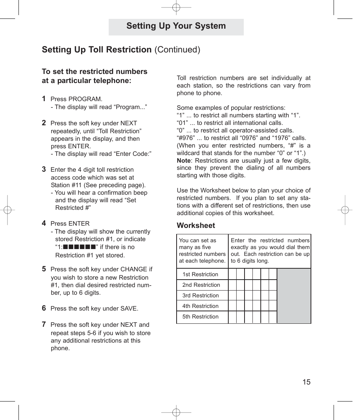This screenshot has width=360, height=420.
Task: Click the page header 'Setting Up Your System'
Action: click(176, 26)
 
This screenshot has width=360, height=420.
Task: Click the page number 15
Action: click(306, 382)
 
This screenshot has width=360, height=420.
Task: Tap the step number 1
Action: click(44, 98)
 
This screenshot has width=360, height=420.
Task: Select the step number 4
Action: click(44, 223)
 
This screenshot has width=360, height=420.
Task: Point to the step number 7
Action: click(44, 324)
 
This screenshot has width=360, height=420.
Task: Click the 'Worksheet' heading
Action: click(196, 225)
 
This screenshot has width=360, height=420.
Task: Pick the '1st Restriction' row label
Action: click(200, 274)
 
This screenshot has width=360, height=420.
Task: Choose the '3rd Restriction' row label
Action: click(200, 295)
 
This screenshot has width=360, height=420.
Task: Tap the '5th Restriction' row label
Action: click(200, 317)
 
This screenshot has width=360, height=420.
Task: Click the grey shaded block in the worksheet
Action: click(294, 295)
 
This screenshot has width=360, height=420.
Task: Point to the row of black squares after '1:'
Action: click(79, 247)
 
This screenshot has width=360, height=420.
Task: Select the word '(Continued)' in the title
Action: click(177, 49)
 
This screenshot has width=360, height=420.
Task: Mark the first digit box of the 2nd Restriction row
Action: click(232, 285)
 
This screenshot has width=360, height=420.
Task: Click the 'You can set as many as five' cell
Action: click(202, 251)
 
